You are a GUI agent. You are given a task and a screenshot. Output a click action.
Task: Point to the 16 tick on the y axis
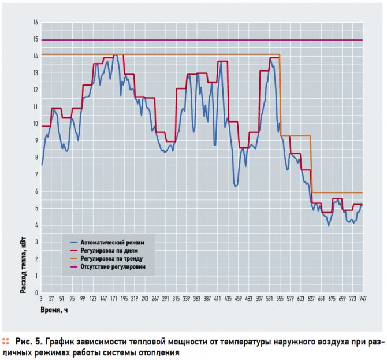point(35,23)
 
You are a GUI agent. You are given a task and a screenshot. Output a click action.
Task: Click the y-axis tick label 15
point(35,39)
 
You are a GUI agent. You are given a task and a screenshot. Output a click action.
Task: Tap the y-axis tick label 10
point(35,124)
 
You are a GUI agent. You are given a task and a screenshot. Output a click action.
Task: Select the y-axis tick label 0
point(36,292)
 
